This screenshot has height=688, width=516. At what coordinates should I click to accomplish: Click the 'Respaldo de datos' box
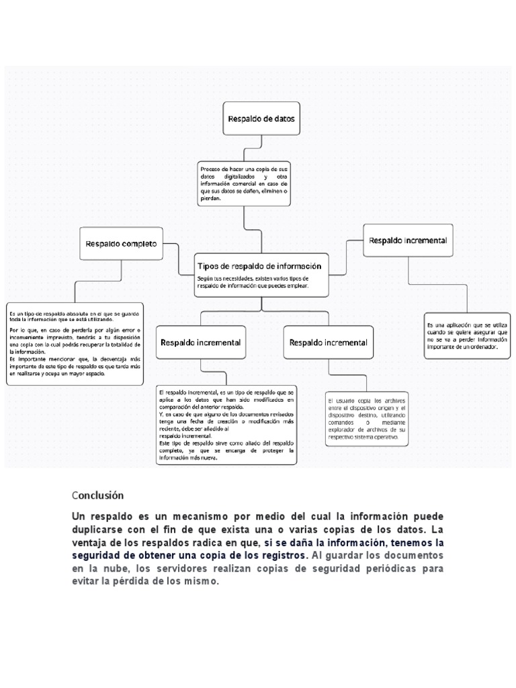click(261, 120)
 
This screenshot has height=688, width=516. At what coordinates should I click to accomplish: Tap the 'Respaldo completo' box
click(121, 245)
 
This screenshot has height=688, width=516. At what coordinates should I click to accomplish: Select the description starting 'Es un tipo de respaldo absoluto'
click(74, 343)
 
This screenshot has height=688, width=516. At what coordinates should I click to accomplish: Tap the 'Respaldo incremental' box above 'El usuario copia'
click(328, 343)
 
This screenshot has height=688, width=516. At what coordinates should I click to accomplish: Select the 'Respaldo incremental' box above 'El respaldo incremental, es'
click(200, 343)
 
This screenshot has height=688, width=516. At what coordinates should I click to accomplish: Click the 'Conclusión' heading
click(98, 495)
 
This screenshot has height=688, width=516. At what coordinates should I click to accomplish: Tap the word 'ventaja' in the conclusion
click(91, 543)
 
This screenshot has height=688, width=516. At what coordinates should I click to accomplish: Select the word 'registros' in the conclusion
click(281, 556)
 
